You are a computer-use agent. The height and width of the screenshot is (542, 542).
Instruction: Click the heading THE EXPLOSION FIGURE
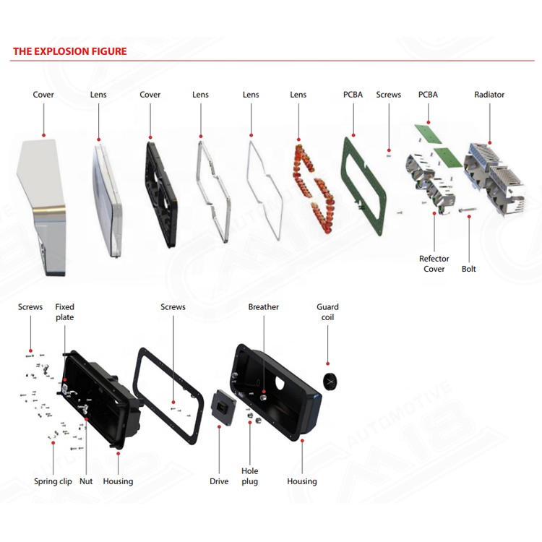click(70, 51)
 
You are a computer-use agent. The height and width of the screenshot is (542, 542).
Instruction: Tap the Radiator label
click(489, 95)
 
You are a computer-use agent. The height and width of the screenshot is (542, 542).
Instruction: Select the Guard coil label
click(327, 311)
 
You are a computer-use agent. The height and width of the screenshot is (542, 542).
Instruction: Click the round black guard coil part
click(330, 382)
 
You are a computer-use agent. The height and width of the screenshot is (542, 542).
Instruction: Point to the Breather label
click(263, 306)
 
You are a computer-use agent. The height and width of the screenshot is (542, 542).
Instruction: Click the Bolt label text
click(469, 269)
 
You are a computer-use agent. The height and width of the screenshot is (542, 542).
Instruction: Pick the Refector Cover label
click(434, 263)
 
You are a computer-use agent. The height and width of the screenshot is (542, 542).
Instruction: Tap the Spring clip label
click(53, 481)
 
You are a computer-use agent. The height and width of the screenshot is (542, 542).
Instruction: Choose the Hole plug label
click(249, 476)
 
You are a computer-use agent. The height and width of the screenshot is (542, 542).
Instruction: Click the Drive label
click(219, 481)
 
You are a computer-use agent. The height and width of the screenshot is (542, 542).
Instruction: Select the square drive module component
click(223, 407)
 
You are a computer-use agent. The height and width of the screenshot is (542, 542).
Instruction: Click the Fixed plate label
click(64, 311)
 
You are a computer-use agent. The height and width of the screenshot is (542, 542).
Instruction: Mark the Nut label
click(86, 481)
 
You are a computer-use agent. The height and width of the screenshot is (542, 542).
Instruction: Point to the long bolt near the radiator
click(468, 209)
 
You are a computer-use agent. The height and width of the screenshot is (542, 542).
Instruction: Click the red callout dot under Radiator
click(490, 142)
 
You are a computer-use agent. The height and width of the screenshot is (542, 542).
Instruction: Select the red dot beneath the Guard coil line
click(327, 364)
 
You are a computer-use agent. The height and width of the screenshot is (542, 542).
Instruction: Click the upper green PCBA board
click(429, 134)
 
